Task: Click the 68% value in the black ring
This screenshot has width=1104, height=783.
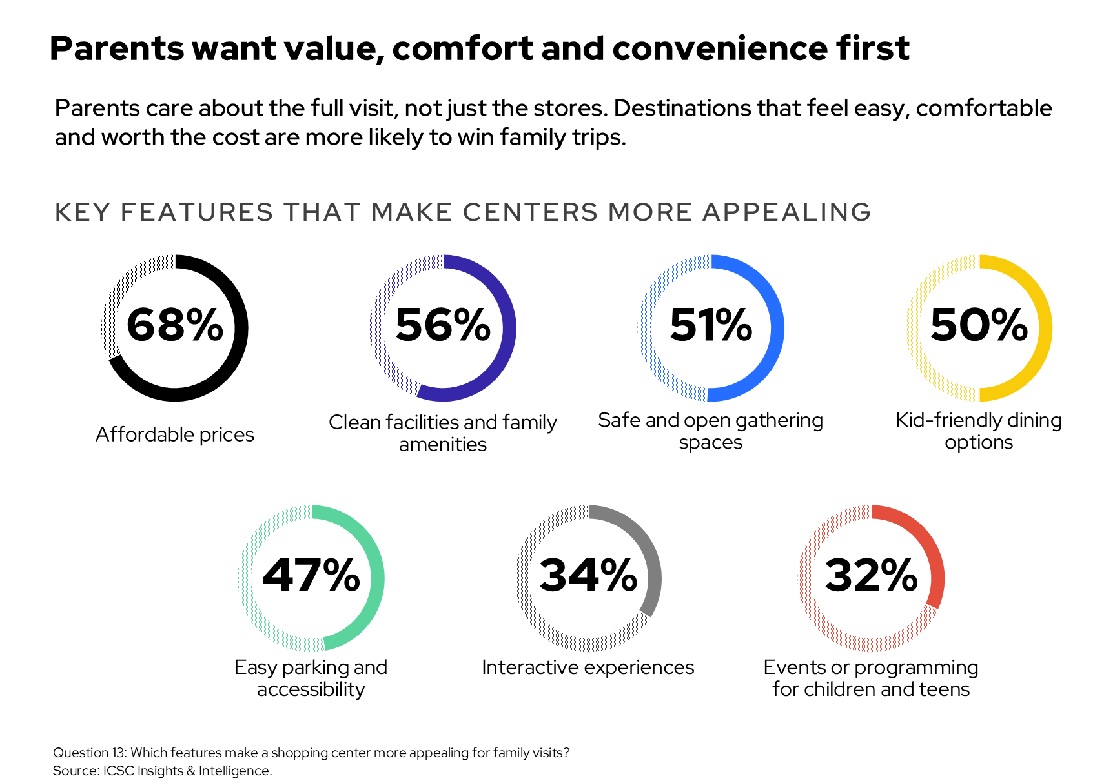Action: pyautogui.click(x=175, y=325)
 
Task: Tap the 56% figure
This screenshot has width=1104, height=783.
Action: pyautogui.click(x=443, y=325)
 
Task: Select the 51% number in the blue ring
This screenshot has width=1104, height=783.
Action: pyautogui.click(x=711, y=325)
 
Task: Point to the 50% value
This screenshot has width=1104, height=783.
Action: pyautogui.click(x=979, y=325)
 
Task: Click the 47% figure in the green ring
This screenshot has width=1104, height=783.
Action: pyautogui.click(x=311, y=575)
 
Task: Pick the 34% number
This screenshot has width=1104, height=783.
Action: pyautogui.click(x=588, y=575)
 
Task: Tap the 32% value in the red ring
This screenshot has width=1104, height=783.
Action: pyautogui.click(x=872, y=575)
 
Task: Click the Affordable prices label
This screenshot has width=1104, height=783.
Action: pyautogui.click(x=175, y=434)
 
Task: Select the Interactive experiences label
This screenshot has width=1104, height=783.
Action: pyautogui.click(x=588, y=667)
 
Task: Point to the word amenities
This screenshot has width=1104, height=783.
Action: pyautogui.click(x=443, y=445)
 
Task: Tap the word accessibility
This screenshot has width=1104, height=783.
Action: pyautogui.click(x=311, y=689)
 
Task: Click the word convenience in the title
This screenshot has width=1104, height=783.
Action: pyautogui.click(x=720, y=48)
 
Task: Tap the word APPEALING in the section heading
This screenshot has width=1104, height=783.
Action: pyautogui.click(x=786, y=212)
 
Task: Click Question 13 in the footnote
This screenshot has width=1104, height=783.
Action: pyautogui.click(x=90, y=753)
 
